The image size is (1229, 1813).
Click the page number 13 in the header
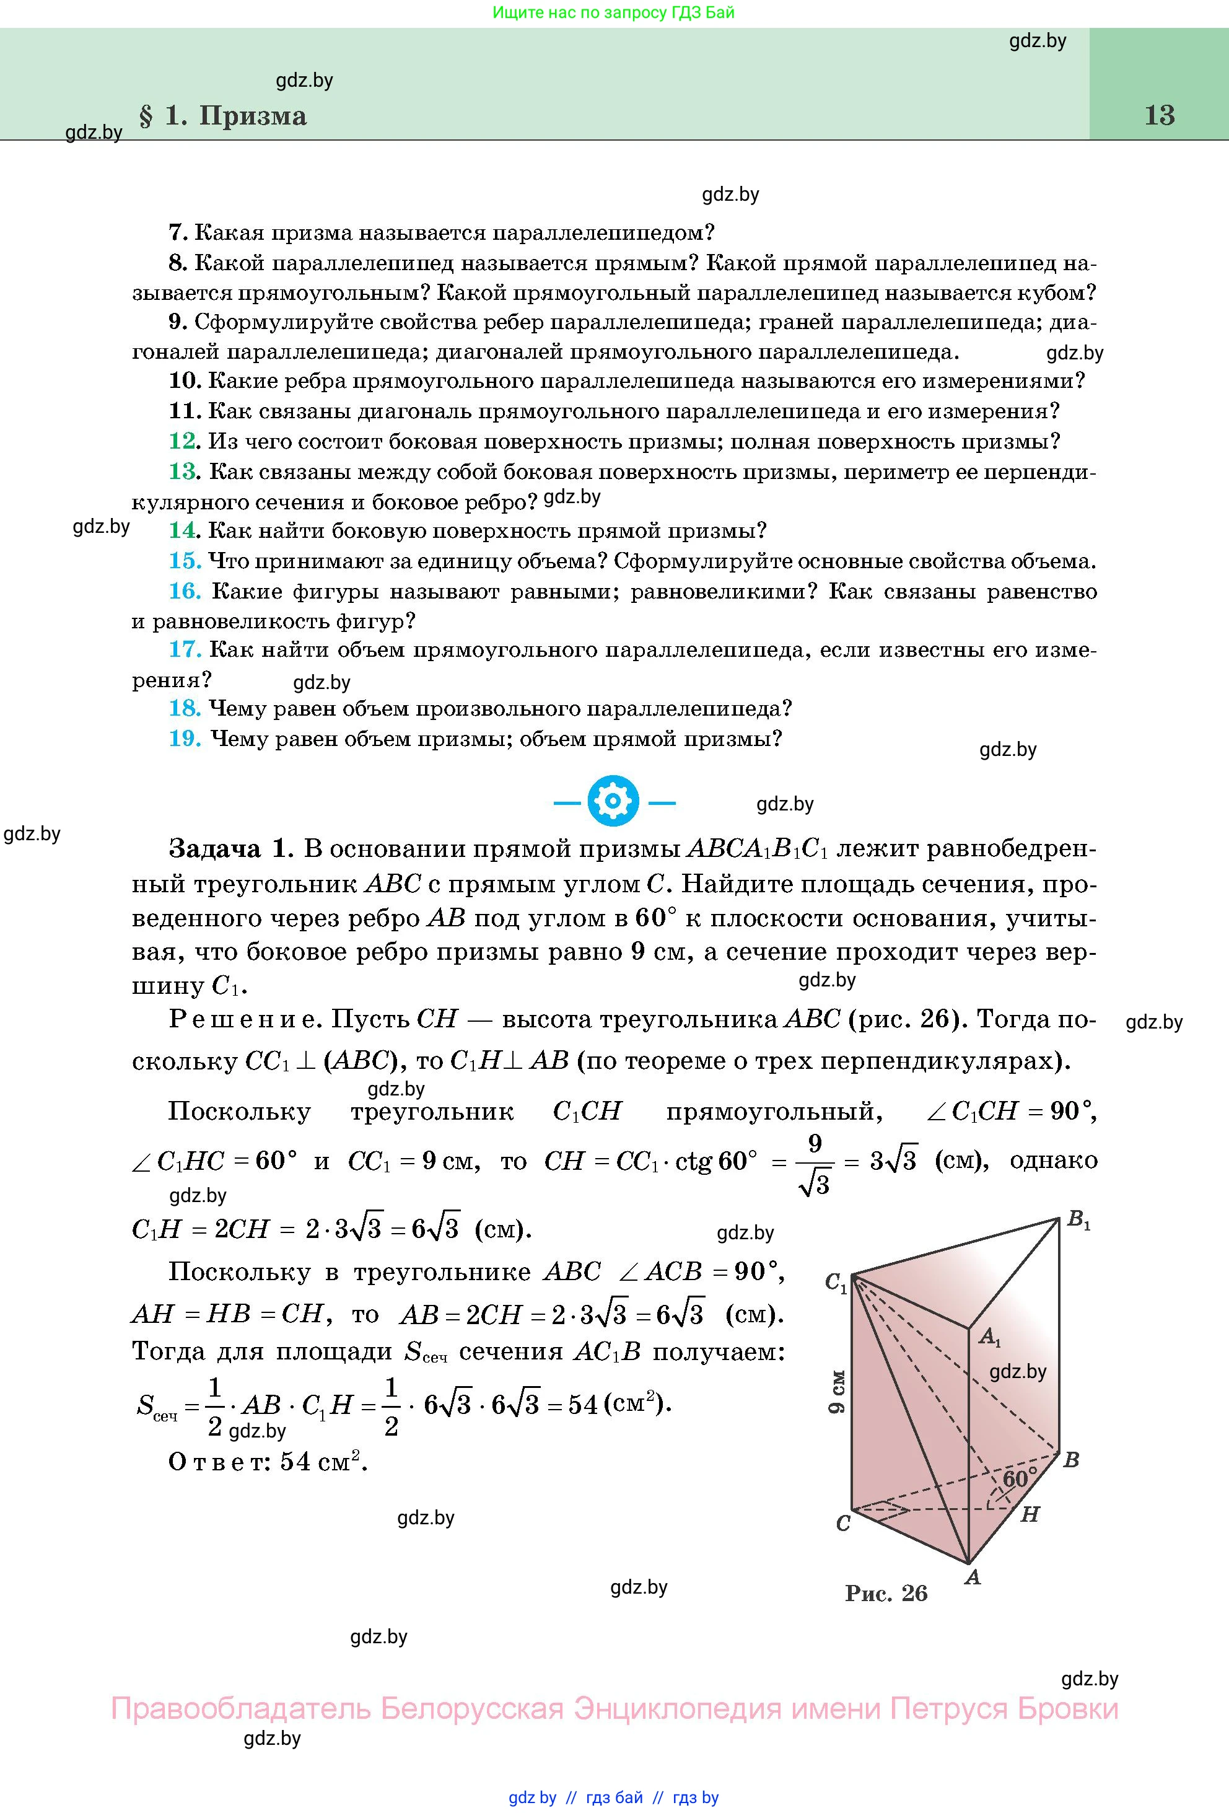(1159, 115)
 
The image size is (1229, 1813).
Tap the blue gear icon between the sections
(614, 801)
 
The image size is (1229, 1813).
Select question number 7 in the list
(177, 232)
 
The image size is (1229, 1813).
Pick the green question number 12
(184, 442)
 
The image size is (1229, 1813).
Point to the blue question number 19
(185, 738)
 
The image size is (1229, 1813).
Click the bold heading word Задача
(214, 849)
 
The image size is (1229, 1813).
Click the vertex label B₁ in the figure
(1078, 1219)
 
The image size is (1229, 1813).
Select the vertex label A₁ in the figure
(989, 1337)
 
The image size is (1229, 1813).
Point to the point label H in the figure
(1030, 1514)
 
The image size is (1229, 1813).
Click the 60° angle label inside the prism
(1018, 1478)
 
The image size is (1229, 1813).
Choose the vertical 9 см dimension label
(836, 1391)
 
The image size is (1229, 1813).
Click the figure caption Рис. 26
(886, 1592)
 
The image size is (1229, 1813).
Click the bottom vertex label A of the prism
(973, 1577)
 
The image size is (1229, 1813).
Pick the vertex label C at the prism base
(842, 1524)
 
